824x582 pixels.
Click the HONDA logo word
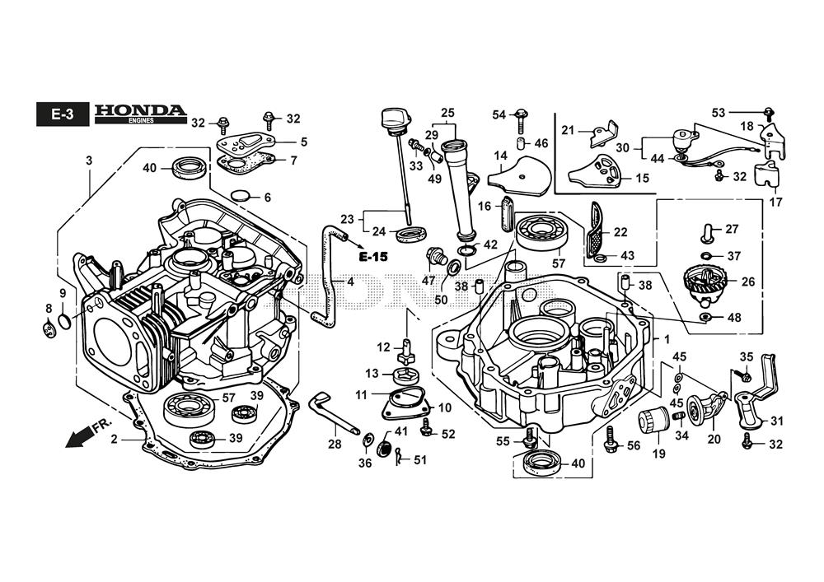coord(140,109)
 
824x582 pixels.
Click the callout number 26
coord(747,282)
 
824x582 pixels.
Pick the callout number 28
coord(334,445)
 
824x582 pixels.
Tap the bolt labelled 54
coord(521,119)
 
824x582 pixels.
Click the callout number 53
coord(719,111)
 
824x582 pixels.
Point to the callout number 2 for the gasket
coord(114,439)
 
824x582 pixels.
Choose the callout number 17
coord(774,200)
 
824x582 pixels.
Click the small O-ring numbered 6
coord(240,196)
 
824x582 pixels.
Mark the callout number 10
coord(444,407)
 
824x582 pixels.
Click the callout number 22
coord(620,233)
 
